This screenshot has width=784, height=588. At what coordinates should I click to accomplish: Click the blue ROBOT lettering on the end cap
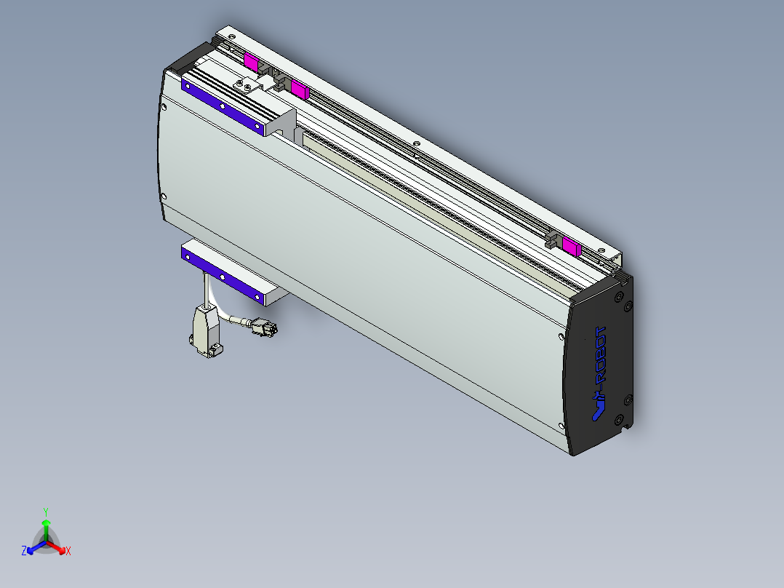click(600, 357)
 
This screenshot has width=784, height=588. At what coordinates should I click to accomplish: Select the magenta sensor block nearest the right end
click(572, 245)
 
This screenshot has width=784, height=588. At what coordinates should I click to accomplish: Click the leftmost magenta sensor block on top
click(251, 63)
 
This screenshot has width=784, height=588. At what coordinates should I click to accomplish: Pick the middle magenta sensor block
click(300, 90)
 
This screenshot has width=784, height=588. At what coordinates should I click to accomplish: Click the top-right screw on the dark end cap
click(619, 296)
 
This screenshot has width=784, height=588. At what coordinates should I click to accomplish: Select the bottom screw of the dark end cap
click(619, 420)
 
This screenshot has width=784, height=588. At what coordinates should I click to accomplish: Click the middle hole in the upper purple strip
click(222, 106)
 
